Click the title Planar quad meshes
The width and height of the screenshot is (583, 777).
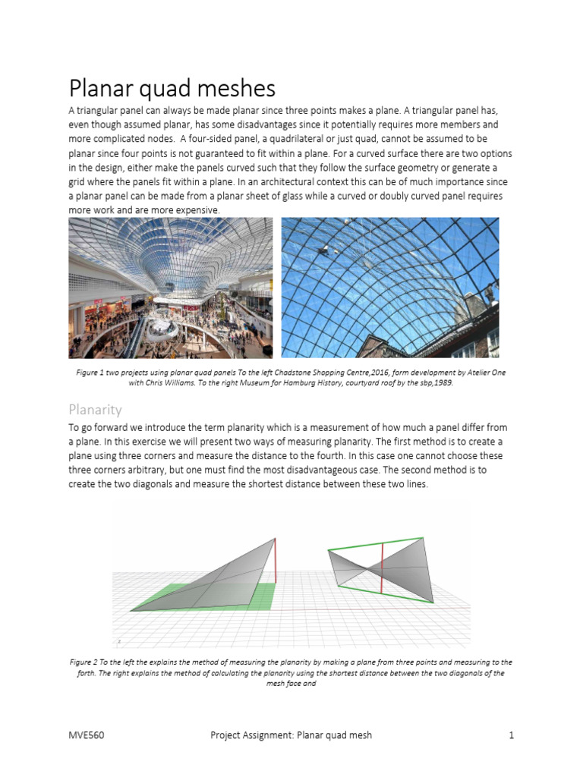point(172,89)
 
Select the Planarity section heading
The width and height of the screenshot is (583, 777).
point(95,410)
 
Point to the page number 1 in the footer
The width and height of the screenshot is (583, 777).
point(512,735)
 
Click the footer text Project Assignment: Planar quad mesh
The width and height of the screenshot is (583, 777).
point(291,735)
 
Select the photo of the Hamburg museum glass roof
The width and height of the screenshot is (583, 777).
point(390,288)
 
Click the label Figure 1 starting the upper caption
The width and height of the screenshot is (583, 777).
point(93,373)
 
